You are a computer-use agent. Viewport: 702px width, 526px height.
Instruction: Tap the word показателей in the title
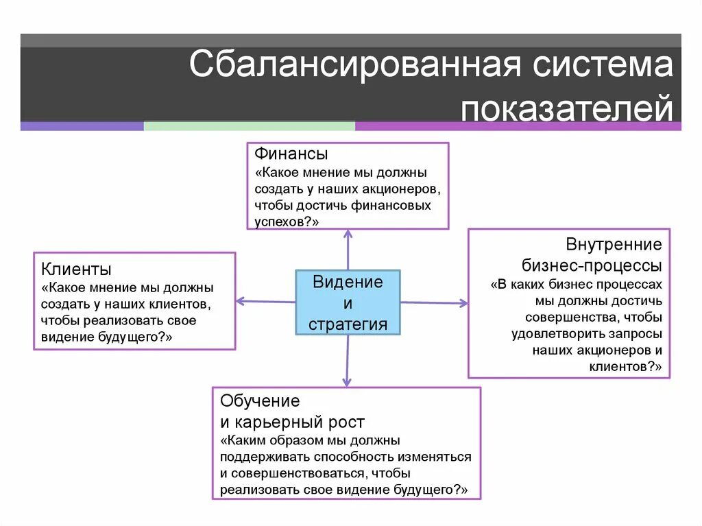[x=567, y=108]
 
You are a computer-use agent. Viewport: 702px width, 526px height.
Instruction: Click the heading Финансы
[x=291, y=154]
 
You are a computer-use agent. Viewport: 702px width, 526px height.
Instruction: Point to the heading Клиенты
[x=76, y=268]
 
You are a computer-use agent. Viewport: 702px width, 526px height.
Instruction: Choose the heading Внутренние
[x=614, y=244]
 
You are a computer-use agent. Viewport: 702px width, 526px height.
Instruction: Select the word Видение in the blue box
[x=348, y=282]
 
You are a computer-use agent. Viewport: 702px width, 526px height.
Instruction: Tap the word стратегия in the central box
[x=348, y=324]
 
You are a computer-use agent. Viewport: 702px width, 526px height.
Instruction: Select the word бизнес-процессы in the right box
[x=592, y=265]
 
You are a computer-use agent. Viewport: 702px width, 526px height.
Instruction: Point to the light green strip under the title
[x=250, y=126]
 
